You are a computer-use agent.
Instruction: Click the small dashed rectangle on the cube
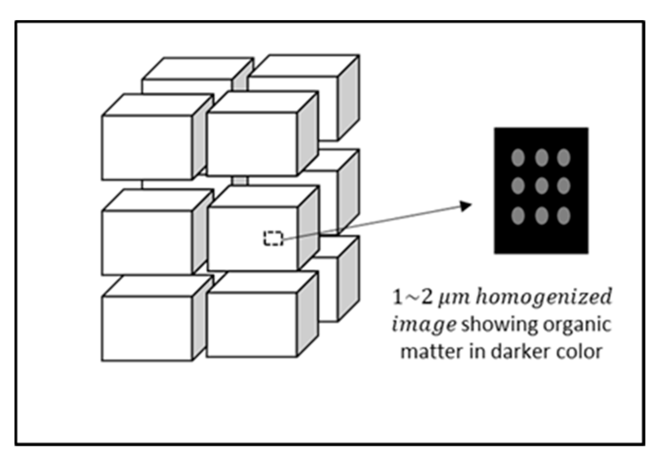coord(273,238)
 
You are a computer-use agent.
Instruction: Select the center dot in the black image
coord(541,186)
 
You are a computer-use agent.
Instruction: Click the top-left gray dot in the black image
coord(518,157)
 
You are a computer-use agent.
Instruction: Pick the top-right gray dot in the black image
coord(564,157)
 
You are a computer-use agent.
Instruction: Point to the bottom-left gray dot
coord(518,216)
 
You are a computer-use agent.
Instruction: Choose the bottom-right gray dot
coord(564,216)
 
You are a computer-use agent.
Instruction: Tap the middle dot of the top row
coord(541,157)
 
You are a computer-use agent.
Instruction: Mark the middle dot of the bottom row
coord(541,216)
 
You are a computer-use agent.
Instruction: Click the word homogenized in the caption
coord(544,297)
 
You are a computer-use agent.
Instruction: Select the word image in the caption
coord(424,325)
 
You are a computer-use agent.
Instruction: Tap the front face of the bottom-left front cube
coord(147,329)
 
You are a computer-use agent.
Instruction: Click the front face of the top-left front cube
coord(147,148)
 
